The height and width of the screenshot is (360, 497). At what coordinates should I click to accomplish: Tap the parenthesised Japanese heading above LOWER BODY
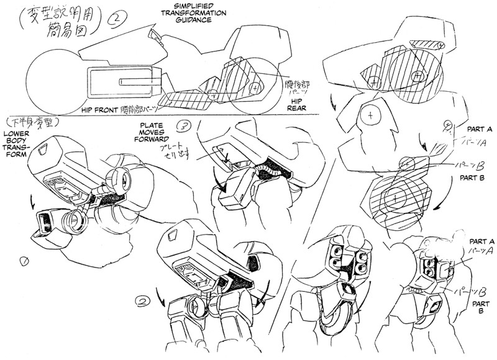tap(29, 120)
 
